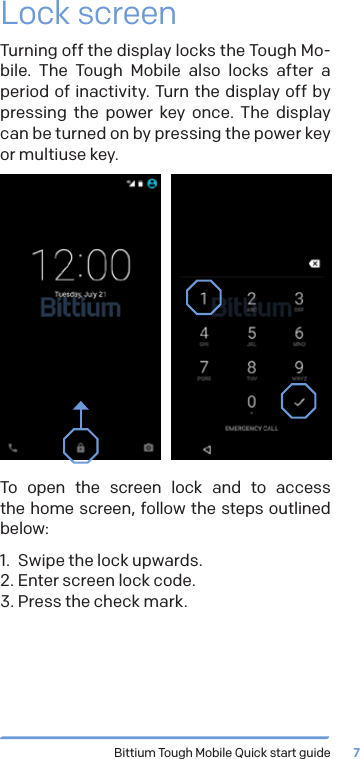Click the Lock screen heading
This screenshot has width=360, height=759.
pyautogui.click(x=89, y=15)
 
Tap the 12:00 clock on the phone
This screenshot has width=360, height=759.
pyautogui.click(x=80, y=266)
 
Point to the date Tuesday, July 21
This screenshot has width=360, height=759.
pyautogui.click(x=80, y=294)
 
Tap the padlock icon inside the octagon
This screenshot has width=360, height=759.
pyautogui.click(x=81, y=446)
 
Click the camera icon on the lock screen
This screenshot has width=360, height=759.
pyautogui.click(x=148, y=447)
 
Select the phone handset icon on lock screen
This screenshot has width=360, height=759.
pyautogui.click(x=13, y=447)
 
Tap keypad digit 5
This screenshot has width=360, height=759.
pyautogui.click(x=251, y=334)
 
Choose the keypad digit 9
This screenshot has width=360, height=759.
pyautogui.click(x=298, y=369)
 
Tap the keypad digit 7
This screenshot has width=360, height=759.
pyautogui.click(x=204, y=369)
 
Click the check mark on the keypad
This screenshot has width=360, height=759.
pyautogui.click(x=298, y=402)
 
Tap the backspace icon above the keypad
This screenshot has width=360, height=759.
pyautogui.click(x=313, y=264)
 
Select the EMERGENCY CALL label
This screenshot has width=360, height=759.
pyautogui.click(x=251, y=428)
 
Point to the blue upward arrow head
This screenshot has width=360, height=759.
pyautogui.click(x=81, y=406)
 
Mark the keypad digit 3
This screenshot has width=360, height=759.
pyautogui.click(x=298, y=299)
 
